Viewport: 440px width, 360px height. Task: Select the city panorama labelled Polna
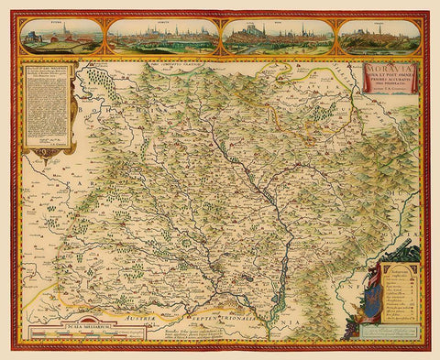pyautogui.click(x=61, y=36)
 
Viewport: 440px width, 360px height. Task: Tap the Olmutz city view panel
pyautogui.click(x=162, y=36)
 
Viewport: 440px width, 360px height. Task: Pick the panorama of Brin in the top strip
pyautogui.click(x=278, y=36)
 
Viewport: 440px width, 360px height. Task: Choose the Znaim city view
pyautogui.click(x=379, y=36)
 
